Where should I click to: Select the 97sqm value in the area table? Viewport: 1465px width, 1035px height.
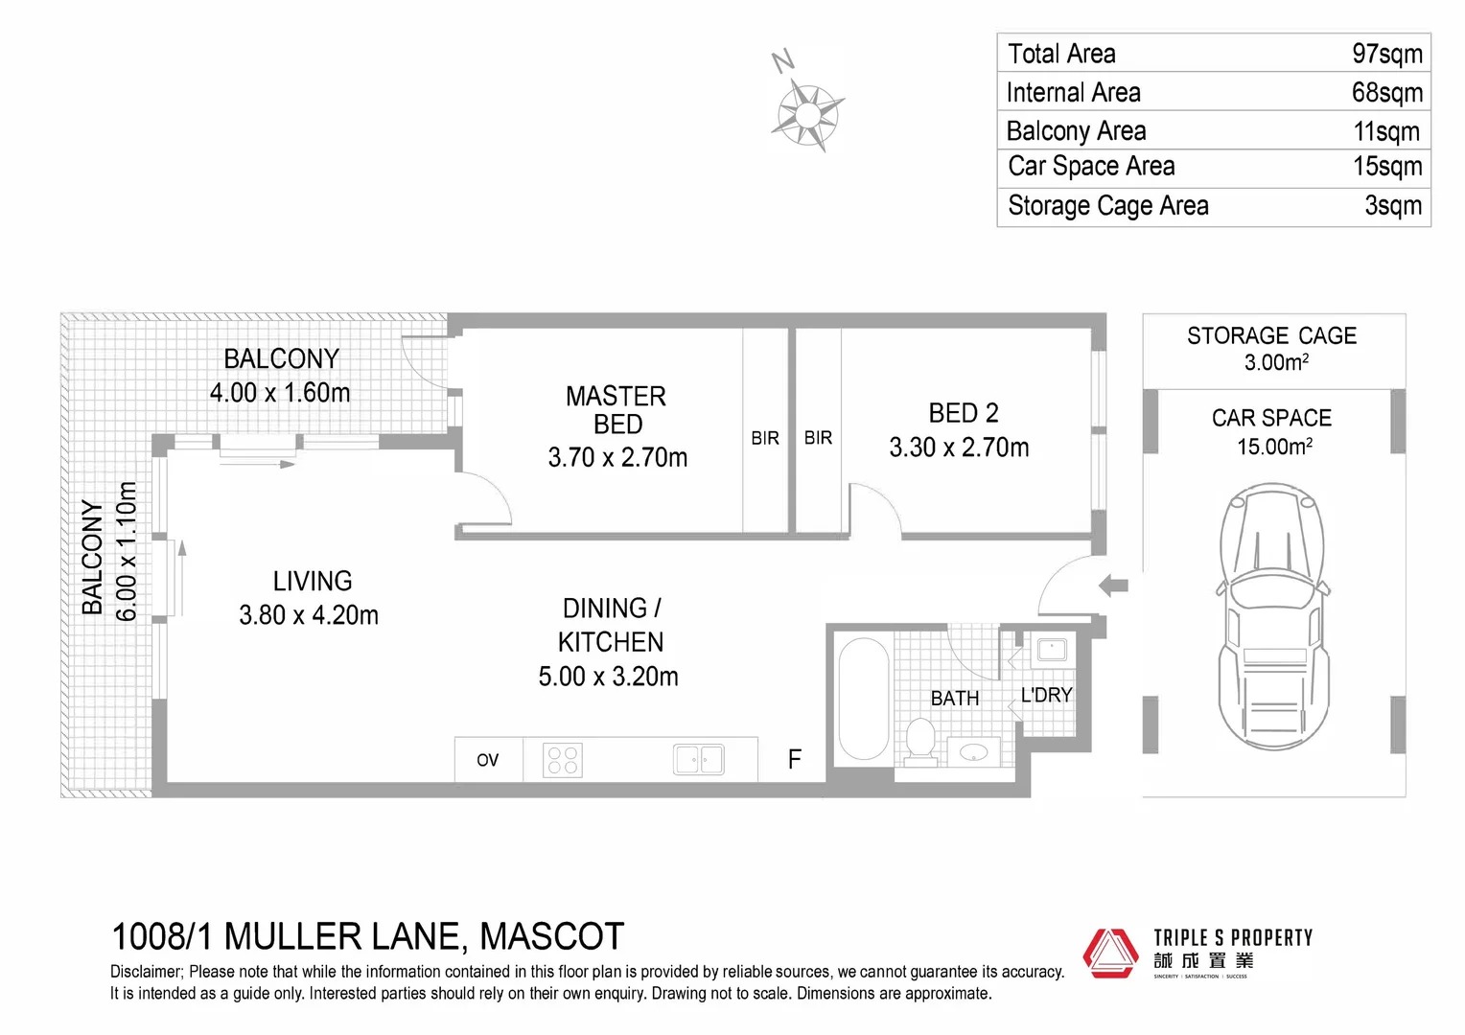coord(1386,54)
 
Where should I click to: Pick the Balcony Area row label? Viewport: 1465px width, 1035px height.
coord(1076,130)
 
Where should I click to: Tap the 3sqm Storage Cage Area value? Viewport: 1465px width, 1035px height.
coord(1393,206)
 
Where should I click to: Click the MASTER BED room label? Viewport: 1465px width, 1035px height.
coord(616,410)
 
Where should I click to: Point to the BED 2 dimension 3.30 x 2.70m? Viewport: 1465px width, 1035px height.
coord(959,448)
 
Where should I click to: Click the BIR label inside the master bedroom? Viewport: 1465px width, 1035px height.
coord(765,438)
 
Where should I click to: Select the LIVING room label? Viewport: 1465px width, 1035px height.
coord(313,581)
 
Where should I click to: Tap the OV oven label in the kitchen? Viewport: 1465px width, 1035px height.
coord(488,760)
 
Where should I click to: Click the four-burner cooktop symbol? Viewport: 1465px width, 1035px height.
coord(563,760)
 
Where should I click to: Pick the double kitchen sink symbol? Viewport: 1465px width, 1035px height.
coord(699,760)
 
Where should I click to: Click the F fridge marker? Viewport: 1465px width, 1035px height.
coord(794,760)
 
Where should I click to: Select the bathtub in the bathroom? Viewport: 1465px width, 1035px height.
coord(863,699)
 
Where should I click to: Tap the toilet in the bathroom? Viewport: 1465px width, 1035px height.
coord(920,743)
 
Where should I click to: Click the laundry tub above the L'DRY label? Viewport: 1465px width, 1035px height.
coord(1052,650)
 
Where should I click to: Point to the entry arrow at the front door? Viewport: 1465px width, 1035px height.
coord(1113,586)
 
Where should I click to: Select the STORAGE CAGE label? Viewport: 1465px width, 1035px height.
coord(1271,336)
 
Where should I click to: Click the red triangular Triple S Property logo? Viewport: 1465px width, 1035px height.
coord(1111,953)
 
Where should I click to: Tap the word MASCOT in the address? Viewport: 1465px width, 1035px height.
coord(551,936)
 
